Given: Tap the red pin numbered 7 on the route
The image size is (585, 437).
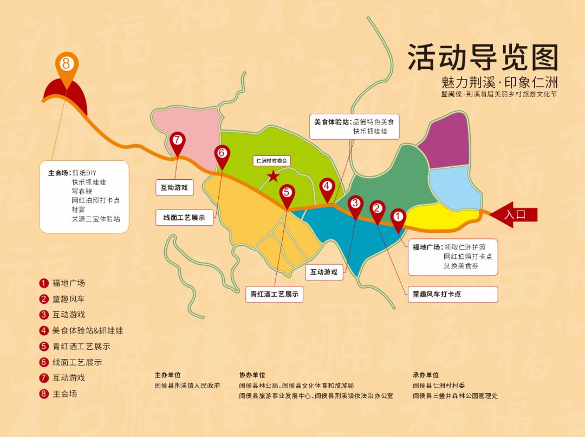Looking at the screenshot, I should (177, 141).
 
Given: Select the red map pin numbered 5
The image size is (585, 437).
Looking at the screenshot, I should (287, 193).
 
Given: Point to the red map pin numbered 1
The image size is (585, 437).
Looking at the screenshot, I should (398, 218).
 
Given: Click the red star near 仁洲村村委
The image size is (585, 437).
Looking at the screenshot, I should (274, 176).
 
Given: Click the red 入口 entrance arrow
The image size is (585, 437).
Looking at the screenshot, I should (513, 214).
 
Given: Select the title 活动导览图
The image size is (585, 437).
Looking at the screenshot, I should (483, 57).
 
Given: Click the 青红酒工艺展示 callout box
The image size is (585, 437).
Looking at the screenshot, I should (274, 294).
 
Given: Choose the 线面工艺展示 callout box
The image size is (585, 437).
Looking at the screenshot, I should (184, 218).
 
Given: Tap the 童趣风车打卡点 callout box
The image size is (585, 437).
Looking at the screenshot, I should (452, 294).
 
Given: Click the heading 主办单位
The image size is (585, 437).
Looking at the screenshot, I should (167, 375).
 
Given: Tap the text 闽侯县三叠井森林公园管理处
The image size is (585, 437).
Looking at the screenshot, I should (455, 396).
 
